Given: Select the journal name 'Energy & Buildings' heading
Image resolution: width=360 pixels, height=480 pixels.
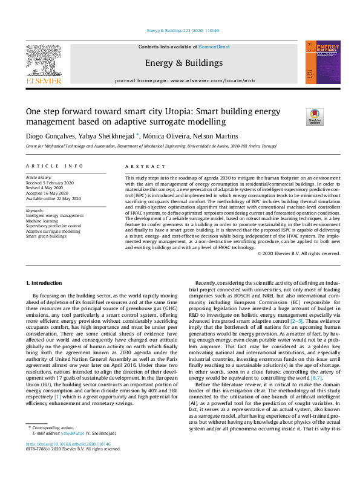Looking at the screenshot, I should click(184, 63).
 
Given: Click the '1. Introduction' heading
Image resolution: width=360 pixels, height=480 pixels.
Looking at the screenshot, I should click(46, 283).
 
